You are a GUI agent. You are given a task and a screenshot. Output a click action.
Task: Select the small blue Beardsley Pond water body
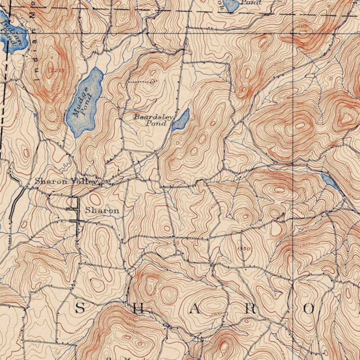pos(180,120)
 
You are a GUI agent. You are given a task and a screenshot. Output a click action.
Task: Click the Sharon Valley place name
pos(66,181)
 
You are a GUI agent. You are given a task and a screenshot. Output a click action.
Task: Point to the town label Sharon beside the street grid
pos(102,210)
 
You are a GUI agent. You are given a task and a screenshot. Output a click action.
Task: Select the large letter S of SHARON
pos(79,308)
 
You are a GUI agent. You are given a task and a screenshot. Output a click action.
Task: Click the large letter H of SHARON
pos(139,309)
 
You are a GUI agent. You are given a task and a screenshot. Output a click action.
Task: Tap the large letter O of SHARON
pos(309,309)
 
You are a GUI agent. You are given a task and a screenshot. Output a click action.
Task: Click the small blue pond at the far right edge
pos(329,181)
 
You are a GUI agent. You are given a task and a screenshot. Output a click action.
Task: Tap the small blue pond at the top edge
pos(231,5)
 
